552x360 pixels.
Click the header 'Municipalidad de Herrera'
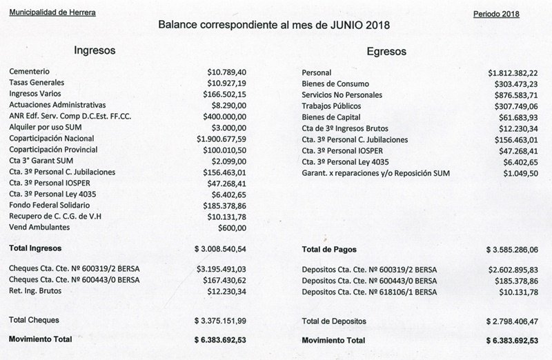pos(52,14)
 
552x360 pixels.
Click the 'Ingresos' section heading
pos(94,51)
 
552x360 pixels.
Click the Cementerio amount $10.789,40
pos(227,72)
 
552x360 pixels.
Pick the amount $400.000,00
pos(226,117)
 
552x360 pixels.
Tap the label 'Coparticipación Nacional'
pos(53,139)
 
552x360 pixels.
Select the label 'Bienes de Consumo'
pos(334,83)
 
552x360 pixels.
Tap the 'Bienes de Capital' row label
pos(331,117)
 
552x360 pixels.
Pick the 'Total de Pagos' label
pos(330,248)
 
